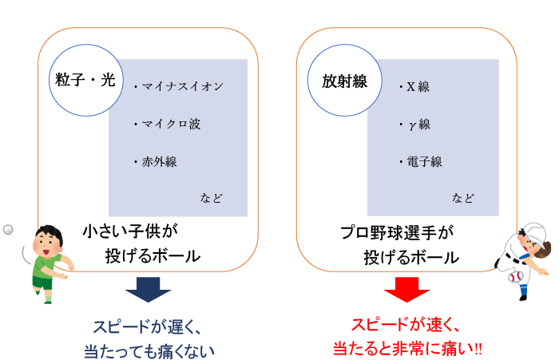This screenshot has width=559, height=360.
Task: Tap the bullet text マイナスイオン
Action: tap(179, 86)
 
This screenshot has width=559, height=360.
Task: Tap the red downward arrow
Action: tap(407, 289)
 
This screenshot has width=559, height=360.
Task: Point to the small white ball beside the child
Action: tap(9, 229)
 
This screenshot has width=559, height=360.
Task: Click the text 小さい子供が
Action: tap(128, 232)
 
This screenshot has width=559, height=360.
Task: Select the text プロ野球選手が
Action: tap(395, 232)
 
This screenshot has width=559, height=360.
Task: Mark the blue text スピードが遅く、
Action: tap(145, 325)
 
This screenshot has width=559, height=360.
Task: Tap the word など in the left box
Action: tap(211, 197)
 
